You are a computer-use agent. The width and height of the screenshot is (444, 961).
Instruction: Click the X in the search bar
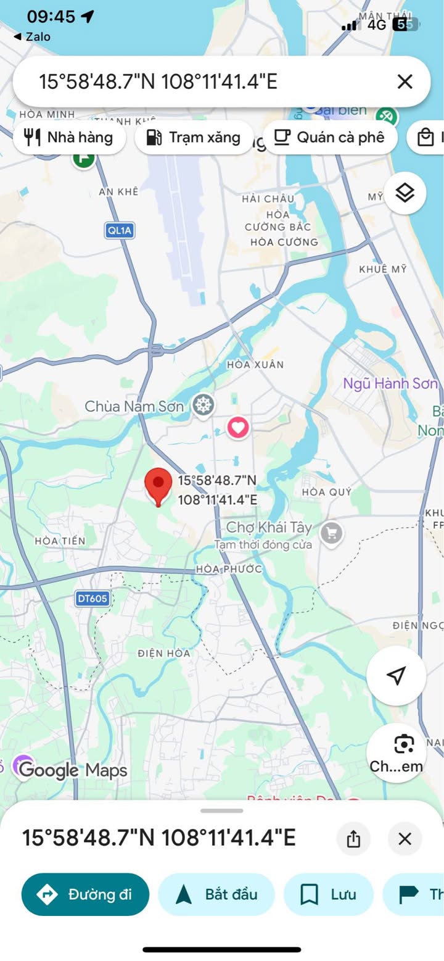coord(405,81)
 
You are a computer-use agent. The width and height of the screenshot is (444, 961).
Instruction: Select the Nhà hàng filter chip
coord(69,137)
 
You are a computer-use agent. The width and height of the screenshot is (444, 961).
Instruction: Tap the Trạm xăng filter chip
coord(194,137)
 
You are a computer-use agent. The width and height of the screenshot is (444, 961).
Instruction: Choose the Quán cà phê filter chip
coord(330,137)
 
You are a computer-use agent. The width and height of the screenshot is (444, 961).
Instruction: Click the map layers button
coord(405,193)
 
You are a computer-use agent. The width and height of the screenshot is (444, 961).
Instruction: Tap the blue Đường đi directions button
coord(85,894)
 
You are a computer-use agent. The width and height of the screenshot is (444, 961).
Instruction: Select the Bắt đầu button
coord(216,894)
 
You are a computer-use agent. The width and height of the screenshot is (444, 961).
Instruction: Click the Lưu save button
coord(329,894)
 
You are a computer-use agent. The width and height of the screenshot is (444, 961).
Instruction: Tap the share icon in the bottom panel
coord(353,839)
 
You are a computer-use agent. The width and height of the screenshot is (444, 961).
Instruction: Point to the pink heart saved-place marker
coord(238,426)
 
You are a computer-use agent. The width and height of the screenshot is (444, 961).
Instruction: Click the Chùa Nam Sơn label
coord(134,406)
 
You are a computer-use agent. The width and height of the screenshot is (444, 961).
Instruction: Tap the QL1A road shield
coord(119,231)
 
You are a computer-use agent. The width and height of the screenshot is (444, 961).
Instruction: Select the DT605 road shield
coord(92,598)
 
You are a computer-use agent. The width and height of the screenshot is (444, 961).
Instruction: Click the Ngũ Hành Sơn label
coord(390,383)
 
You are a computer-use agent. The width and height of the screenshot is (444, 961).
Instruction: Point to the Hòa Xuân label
coord(255,365)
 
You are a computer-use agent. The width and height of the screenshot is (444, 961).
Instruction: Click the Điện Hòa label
coord(164,653)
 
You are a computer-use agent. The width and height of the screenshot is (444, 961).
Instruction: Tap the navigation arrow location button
coord(397,676)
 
